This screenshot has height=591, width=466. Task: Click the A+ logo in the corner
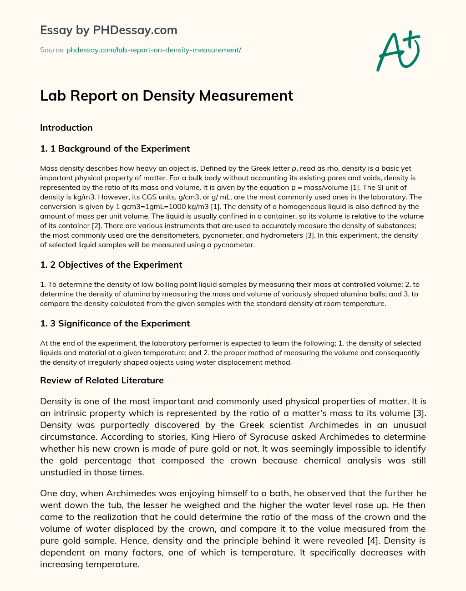[398, 51]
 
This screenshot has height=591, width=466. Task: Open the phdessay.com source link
[153, 50]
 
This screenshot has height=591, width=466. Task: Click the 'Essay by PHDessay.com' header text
[108, 30]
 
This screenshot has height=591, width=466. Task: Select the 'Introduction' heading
[66, 128]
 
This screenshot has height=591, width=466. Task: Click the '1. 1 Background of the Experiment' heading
[115, 149]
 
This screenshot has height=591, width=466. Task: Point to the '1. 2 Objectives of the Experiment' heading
[111, 265]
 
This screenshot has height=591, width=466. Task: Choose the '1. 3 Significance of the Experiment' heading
[115, 324]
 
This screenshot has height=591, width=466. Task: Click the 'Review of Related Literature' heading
[101, 381]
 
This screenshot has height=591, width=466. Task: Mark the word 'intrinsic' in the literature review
[71, 413]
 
